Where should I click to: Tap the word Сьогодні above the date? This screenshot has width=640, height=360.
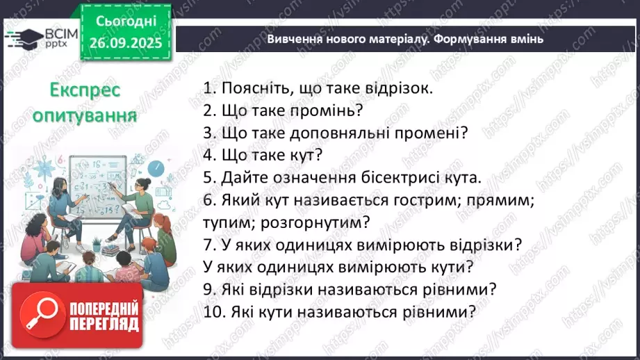[x=127, y=21]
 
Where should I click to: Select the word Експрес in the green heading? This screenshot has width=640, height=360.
[x=86, y=90]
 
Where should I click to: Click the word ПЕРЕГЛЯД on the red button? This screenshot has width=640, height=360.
[x=104, y=324]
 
